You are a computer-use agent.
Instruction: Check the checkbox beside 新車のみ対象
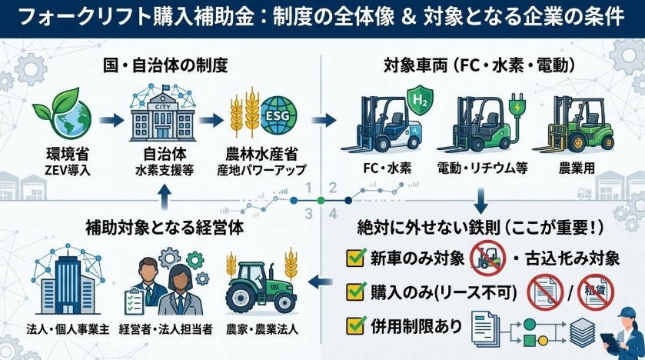355,258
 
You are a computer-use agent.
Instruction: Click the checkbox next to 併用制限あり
355,326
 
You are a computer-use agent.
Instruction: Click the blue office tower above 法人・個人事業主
60,281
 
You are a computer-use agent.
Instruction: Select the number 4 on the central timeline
333,213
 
